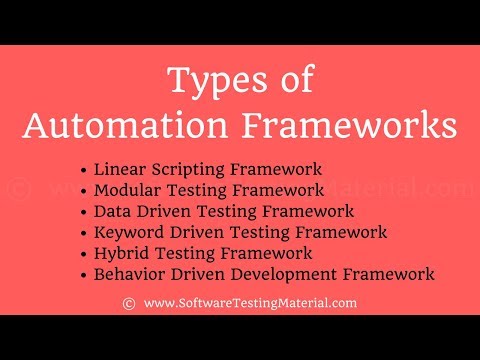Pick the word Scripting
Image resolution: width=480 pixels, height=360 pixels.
[x=187, y=170]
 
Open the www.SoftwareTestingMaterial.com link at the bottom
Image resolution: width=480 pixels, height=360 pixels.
[x=250, y=302]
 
